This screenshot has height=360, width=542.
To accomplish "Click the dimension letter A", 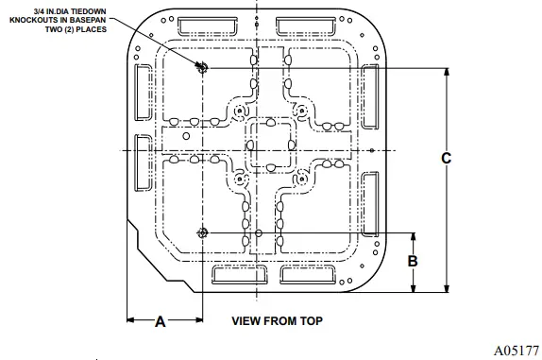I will click(160, 321).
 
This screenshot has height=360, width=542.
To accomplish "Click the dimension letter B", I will click(412, 262).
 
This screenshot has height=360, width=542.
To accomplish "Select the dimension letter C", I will click(446, 159).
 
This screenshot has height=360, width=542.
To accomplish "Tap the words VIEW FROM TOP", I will click(277, 320).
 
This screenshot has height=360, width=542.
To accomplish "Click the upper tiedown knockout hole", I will click(201, 66).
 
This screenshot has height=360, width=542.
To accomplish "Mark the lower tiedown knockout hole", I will click(201, 232).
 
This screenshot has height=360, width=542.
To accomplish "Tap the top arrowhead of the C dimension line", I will click(446, 72).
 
